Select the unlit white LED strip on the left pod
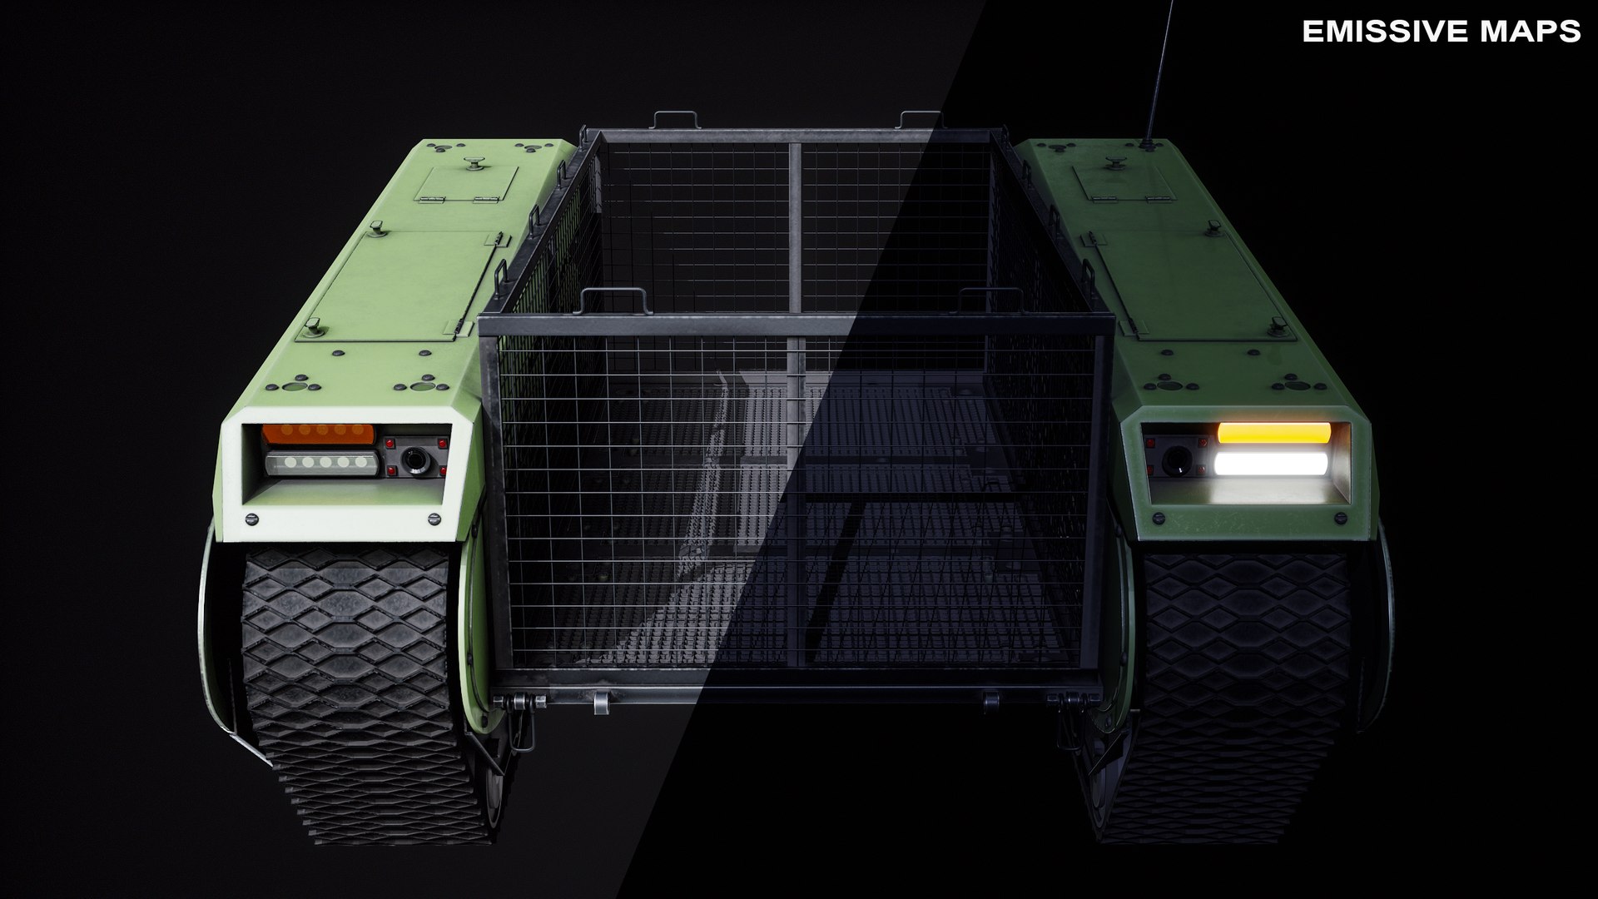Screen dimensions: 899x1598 [321, 463]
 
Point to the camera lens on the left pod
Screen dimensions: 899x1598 [413, 459]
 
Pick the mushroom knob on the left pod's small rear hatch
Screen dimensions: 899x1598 [476, 163]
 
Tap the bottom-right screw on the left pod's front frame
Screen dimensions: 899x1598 [433, 519]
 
